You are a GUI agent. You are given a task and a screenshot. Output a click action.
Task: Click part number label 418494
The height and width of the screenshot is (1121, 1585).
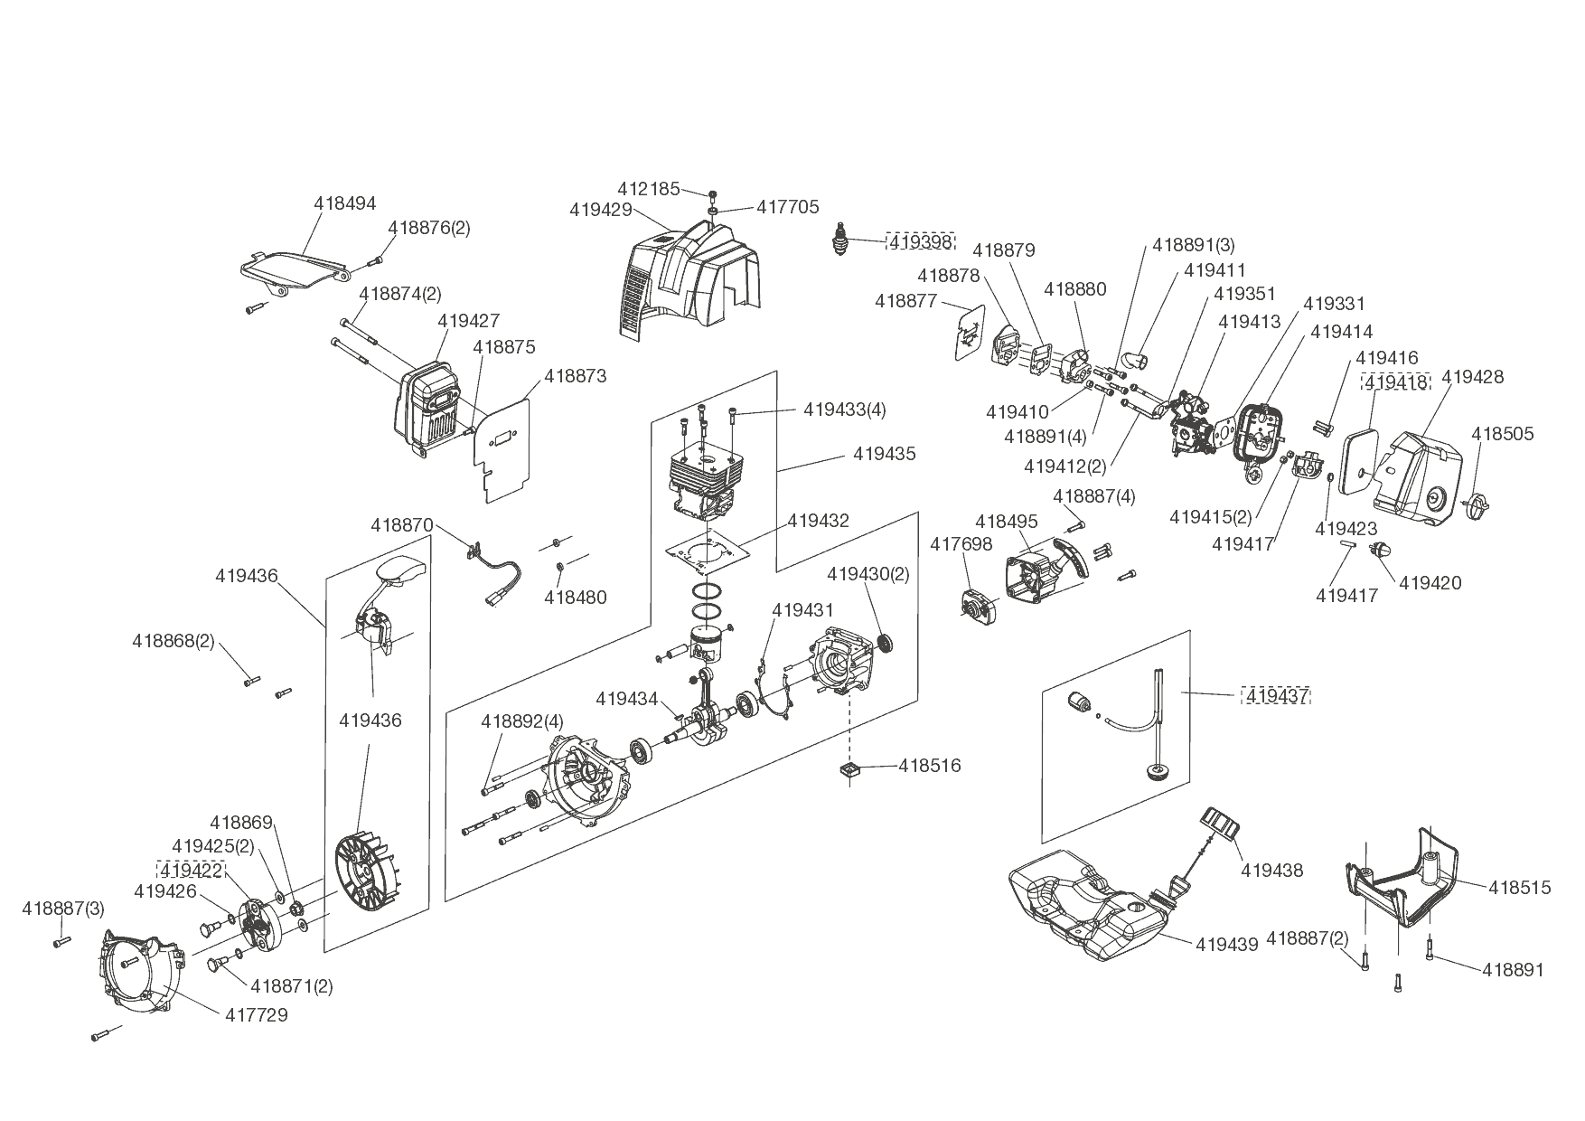[x=344, y=204]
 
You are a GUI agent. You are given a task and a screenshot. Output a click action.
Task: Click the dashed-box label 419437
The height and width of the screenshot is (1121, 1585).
[x=1277, y=696]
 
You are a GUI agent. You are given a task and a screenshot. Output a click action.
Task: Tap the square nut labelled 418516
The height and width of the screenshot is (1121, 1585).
[x=850, y=769]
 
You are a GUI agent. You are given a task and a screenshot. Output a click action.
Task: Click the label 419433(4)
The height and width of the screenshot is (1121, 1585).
[x=844, y=410]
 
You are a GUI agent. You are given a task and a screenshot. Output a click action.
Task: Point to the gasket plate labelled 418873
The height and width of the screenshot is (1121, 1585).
[x=502, y=447]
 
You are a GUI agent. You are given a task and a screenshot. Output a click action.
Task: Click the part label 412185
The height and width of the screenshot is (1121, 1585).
[x=648, y=189]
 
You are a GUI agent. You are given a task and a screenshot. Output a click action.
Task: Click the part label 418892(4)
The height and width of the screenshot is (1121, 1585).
[x=521, y=721]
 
